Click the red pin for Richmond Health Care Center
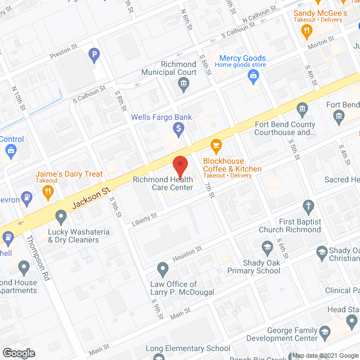click(179, 166)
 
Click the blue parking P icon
click(93, 56)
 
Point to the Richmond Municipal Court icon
click(183, 85)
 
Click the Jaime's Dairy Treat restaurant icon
click(48, 191)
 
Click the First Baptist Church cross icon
click(308, 206)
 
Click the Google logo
click(19, 353)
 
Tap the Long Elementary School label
click(188, 349)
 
